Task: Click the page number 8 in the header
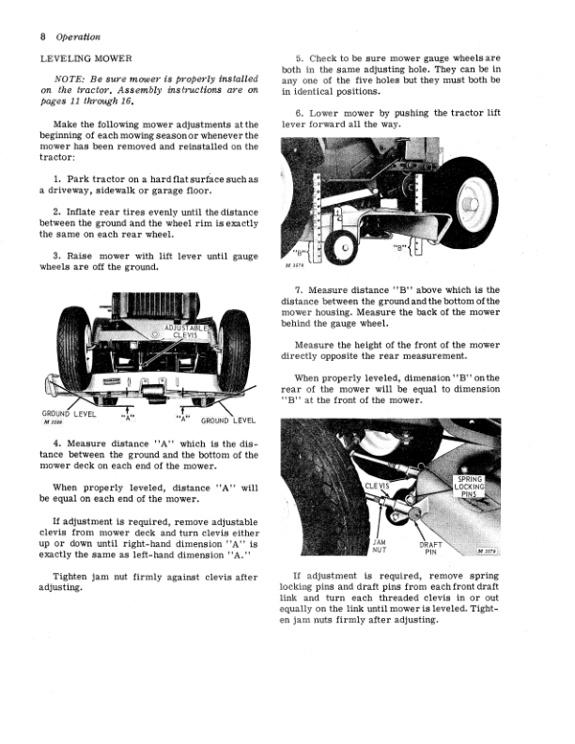pos(42,37)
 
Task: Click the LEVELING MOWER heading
pos(85,59)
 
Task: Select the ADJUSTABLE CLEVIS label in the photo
pos(185,332)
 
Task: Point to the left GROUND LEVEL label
pos(69,414)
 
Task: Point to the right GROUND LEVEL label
pos(228,421)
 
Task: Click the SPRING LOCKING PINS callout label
pos(469,487)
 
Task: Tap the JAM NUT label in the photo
pos(379,546)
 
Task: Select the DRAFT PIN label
pos(430,549)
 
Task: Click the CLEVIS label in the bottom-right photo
pos(377,486)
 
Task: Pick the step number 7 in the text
pos(299,290)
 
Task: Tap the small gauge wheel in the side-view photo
pos(341,248)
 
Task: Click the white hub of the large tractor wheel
pos(473,204)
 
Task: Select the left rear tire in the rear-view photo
pos(74,349)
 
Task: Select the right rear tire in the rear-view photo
pos(234,350)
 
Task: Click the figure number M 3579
pos(487,550)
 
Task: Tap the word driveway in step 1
pos(65,191)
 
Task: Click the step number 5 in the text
pos(299,59)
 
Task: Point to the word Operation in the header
pos(78,37)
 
